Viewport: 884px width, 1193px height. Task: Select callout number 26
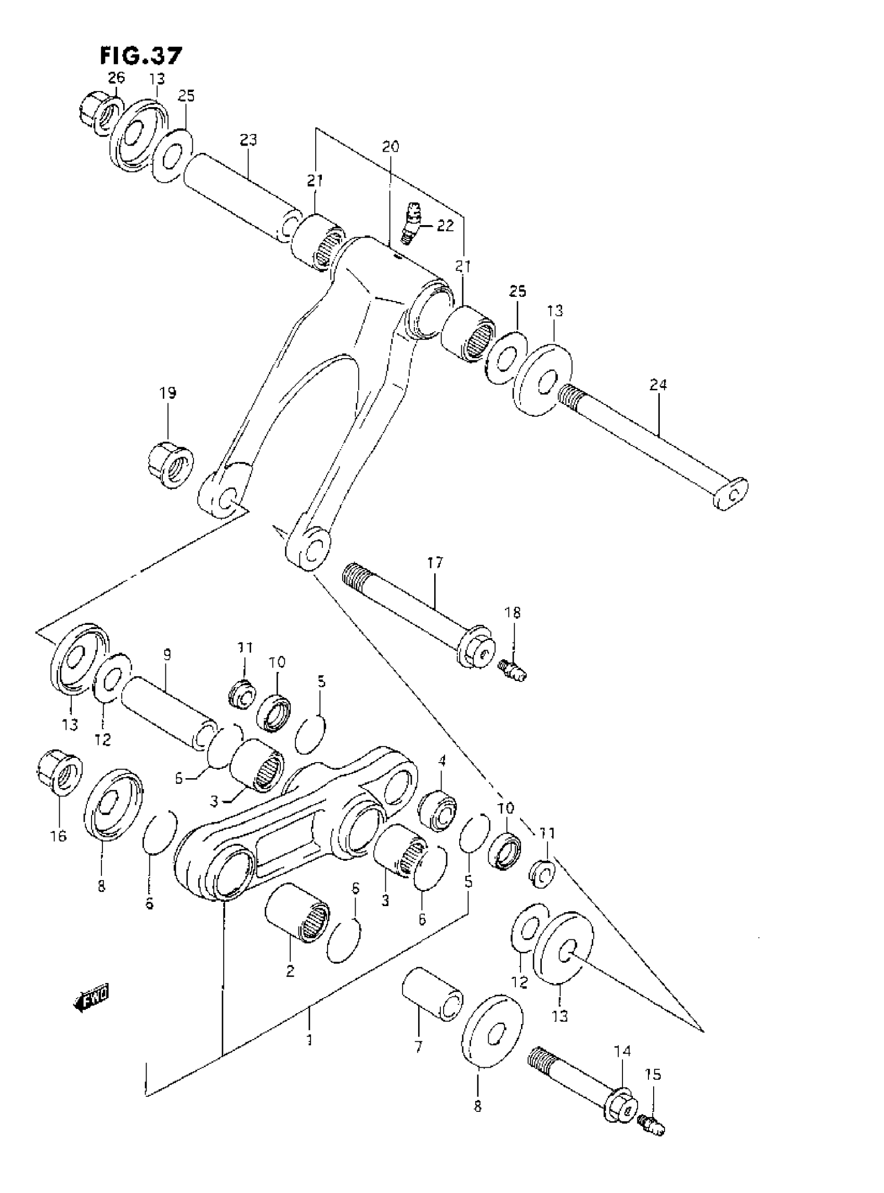point(116,78)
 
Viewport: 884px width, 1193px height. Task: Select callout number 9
point(167,654)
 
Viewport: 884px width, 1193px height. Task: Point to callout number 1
point(309,1040)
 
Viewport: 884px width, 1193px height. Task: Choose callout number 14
point(622,1051)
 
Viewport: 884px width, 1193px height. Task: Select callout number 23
point(248,140)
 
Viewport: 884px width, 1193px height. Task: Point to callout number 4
point(442,759)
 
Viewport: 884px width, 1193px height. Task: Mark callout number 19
point(167,393)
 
